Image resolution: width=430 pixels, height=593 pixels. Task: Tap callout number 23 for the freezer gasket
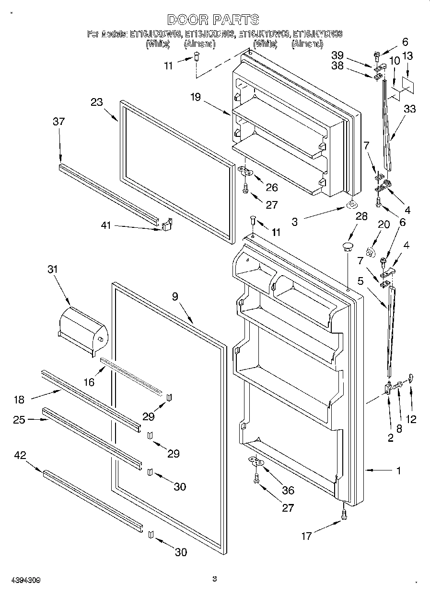tap(97, 102)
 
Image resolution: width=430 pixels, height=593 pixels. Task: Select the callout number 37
tap(58, 122)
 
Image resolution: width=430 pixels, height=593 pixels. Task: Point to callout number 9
tap(175, 297)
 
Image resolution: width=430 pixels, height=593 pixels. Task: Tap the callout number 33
tap(409, 109)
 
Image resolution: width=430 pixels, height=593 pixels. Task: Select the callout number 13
tap(407, 56)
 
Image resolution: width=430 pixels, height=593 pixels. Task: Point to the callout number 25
tap(19, 420)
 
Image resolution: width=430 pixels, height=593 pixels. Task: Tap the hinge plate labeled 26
tap(245, 170)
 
